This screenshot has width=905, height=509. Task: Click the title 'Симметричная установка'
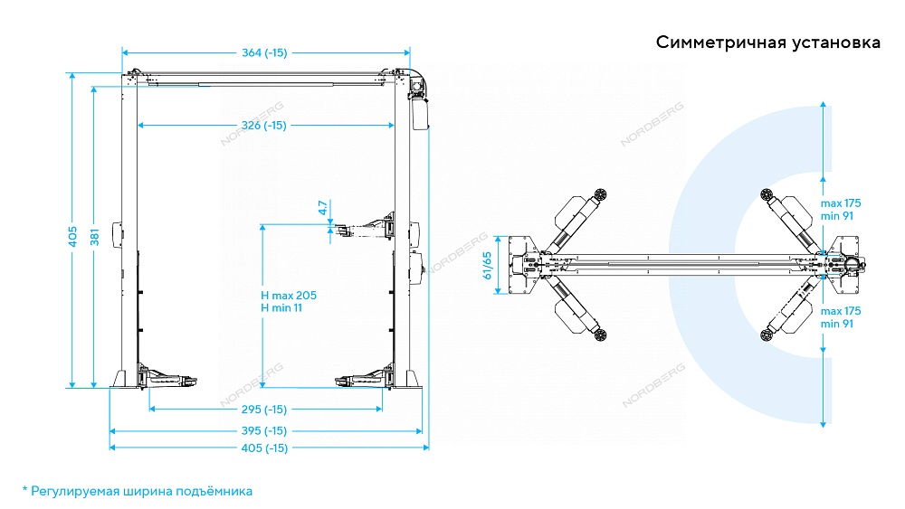(x=768, y=43)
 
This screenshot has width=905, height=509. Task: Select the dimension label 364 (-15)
(x=264, y=52)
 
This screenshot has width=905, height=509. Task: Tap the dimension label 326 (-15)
(x=264, y=125)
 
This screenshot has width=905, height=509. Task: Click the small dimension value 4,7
(x=322, y=207)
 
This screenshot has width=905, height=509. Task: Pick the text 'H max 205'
(x=289, y=296)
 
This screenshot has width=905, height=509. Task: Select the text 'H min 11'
(x=281, y=308)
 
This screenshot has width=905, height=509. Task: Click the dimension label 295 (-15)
(x=264, y=409)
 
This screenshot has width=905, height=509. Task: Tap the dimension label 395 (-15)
(x=264, y=430)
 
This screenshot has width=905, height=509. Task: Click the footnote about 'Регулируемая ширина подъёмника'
(x=137, y=491)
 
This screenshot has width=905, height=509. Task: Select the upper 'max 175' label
(x=841, y=203)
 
